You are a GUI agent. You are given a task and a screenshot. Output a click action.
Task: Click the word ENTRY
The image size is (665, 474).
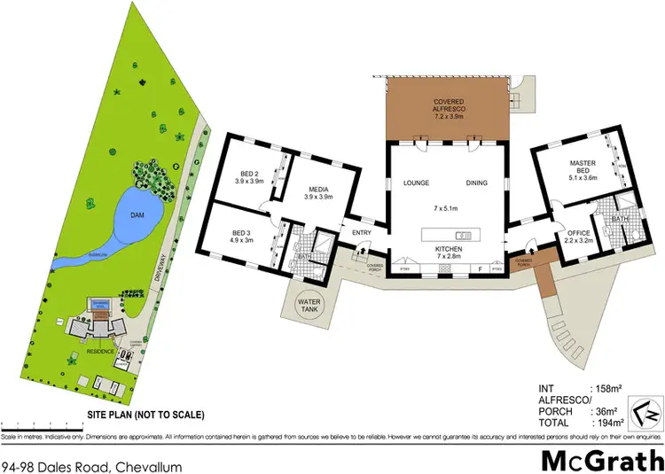tap(362, 233)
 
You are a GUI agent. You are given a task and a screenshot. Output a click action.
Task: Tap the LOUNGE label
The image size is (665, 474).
tap(416, 183)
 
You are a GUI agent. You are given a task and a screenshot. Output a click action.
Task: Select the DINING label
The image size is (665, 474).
tap(477, 183)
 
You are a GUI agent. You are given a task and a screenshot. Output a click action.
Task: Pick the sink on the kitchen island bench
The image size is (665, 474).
tap(463, 235)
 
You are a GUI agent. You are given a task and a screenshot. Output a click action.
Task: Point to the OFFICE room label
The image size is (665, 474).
tap(578, 233)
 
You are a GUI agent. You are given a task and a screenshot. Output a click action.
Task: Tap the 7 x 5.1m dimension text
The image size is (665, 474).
tap(446, 208)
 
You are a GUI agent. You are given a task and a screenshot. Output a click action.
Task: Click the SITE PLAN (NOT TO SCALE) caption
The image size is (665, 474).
tap(145, 414)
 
